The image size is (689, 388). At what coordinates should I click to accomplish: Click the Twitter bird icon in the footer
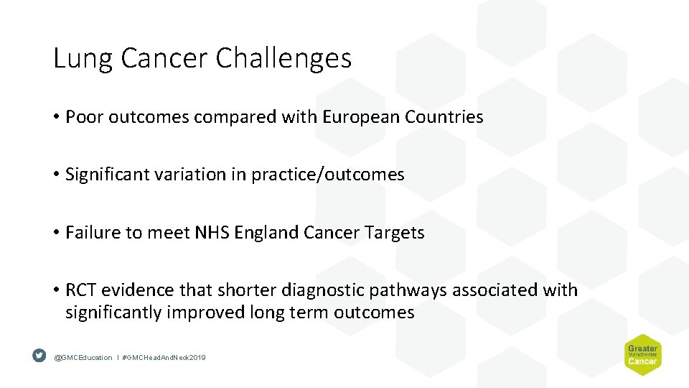click(x=39, y=356)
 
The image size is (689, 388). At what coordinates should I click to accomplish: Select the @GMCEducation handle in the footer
click(x=83, y=357)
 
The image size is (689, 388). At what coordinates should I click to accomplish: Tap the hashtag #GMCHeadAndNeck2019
click(x=164, y=357)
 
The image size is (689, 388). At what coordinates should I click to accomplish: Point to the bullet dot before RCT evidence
click(x=56, y=291)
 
